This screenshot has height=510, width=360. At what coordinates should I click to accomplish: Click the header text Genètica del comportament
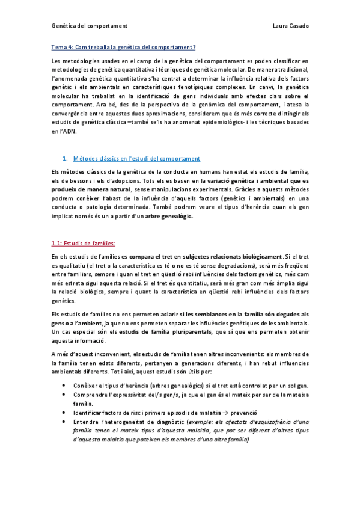[x=88, y=26]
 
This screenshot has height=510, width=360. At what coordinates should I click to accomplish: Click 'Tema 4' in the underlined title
[x=63, y=48]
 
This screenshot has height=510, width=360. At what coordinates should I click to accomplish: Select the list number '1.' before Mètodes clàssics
[x=65, y=159]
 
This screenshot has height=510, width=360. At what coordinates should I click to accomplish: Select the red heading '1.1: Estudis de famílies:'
[x=83, y=244]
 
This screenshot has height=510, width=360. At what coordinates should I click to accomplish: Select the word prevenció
[x=243, y=414]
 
